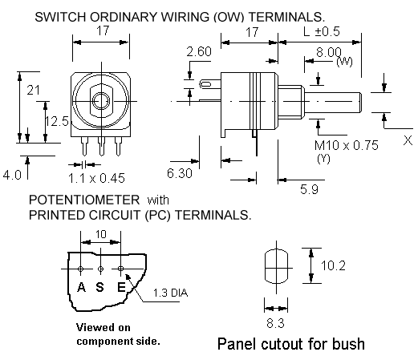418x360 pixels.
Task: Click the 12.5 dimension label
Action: [x=57, y=121]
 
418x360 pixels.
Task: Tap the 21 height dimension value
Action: [x=34, y=90]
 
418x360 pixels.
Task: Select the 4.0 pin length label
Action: [x=12, y=176]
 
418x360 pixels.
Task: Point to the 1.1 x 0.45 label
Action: [x=96, y=178]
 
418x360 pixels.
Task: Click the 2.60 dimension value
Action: [x=199, y=51]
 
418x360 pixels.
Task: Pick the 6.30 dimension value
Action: [x=180, y=173]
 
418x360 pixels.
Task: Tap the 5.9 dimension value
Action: [x=309, y=189]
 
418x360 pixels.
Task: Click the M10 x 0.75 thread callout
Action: [x=347, y=145]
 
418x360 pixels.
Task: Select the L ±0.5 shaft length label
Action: [x=322, y=31]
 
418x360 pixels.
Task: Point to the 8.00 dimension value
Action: [x=329, y=52]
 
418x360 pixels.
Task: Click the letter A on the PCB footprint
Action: [x=81, y=287]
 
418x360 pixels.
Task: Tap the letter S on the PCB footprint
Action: [x=99, y=287]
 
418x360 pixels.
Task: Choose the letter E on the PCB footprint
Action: [x=121, y=287]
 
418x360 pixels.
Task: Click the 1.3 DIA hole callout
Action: [x=170, y=293]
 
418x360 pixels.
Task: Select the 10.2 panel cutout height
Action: [x=333, y=265]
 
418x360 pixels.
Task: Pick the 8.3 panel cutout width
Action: [x=275, y=323]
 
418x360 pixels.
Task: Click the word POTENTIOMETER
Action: [x=84, y=200]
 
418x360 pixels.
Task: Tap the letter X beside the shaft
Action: [x=408, y=140]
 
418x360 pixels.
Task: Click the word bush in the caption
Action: [x=348, y=343]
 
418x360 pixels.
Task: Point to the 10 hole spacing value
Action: [x=101, y=234]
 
